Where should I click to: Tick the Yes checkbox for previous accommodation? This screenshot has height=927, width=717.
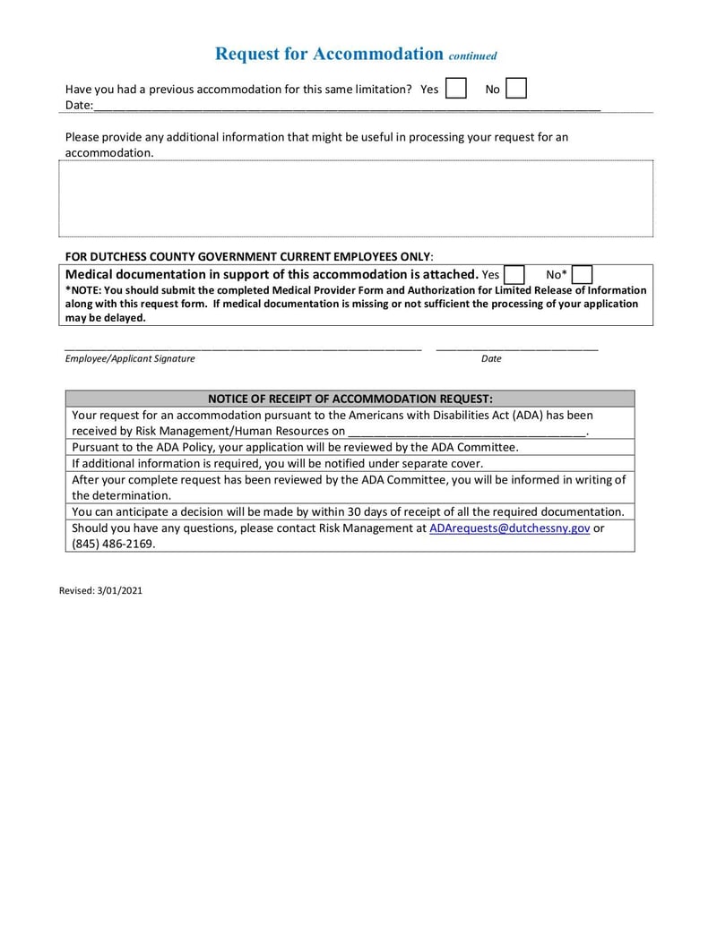point(455,89)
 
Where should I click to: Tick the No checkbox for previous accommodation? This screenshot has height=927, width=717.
point(515,89)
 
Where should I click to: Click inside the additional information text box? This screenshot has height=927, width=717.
point(356,198)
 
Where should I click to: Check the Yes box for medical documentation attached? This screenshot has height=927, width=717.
point(514,274)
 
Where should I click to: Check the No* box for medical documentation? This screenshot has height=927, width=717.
point(582,274)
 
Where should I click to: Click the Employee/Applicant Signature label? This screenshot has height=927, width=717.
point(129,358)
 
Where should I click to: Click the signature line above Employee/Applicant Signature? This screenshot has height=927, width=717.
point(242,347)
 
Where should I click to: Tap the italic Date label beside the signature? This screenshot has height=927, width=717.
point(491,358)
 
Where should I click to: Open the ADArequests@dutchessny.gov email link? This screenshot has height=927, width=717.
point(509,528)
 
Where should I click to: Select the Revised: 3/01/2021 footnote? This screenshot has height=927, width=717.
point(100,591)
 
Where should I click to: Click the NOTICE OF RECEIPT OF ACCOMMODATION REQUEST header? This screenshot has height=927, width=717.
point(350,399)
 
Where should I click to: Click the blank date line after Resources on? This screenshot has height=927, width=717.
point(466,431)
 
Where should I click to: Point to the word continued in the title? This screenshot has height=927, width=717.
point(472,56)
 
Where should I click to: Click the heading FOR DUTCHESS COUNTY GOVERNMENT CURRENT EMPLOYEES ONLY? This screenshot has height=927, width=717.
point(247,256)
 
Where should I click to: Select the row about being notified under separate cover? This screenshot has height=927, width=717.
point(277,463)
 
